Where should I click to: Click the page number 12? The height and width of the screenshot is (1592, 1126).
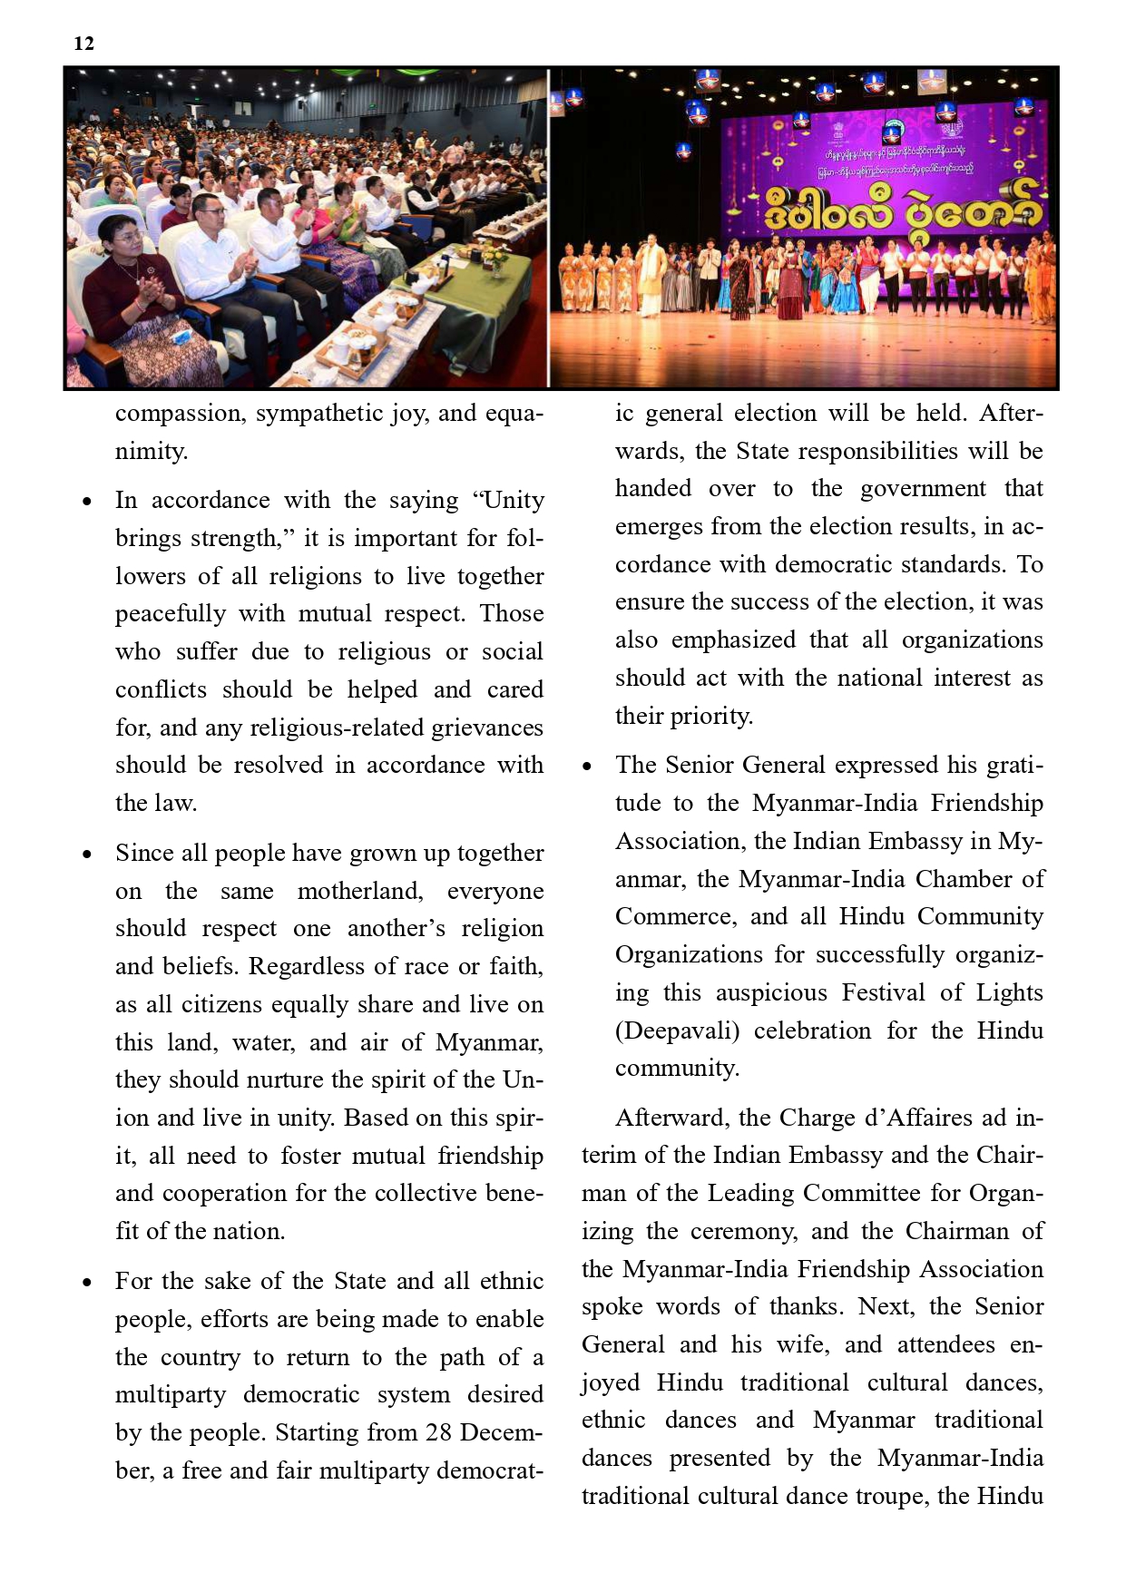click(x=83, y=44)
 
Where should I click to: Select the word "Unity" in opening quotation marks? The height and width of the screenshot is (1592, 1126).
click(x=513, y=501)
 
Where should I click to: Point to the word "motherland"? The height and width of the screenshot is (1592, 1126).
click(x=360, y=891)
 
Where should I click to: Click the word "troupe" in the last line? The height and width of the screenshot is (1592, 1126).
click(x=890, y=1496)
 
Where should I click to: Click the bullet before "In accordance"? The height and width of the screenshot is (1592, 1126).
click(x=87, y=502)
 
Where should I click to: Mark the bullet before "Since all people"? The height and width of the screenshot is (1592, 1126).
click(x=87, y=855)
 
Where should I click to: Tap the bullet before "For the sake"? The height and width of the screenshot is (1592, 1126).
click(x=87, y=1283)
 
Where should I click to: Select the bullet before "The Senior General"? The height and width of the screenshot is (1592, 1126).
click(x=588, y=767)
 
